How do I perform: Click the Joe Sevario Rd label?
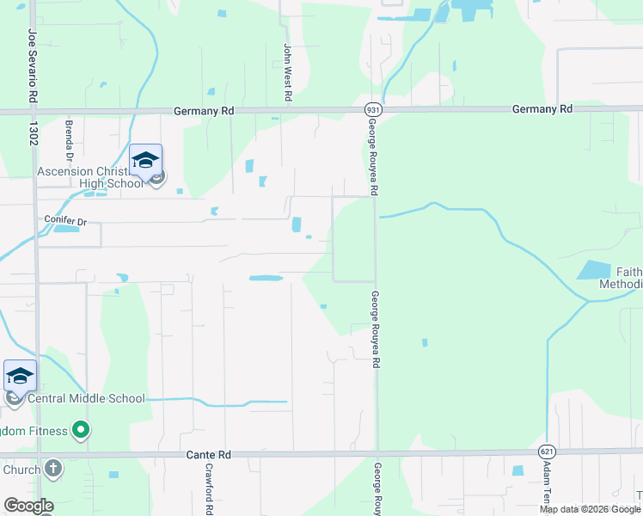pyautogui.click(x=33, y=66)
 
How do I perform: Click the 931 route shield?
pyautogui.click(x=372, y=110)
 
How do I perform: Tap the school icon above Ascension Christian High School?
pyautogui.click(x=145, y=160)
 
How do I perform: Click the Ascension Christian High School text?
pyautogui.click(x=89, y=177)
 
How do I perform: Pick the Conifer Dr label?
pyautogui.click(x=65, y=221)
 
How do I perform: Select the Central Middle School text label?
pyautogui.click(x=86, y=399)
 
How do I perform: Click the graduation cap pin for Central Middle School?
pyautogui.click(x=20, y=376)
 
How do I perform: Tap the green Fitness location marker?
pyautogui.click(x=81, y=428)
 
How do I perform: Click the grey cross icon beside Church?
pyautogui.click(x=53, y=469)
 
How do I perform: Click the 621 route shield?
pyautogui.click(x=548, y=451)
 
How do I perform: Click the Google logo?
pyautogui.click(x=28, y=506)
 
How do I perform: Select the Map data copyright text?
pyautogui.click(x=590, y=509)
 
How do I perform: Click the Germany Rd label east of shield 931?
pyautogui.click(x=542, y=109)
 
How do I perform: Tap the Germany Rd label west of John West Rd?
pyautogui.click(x=204, y=111)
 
